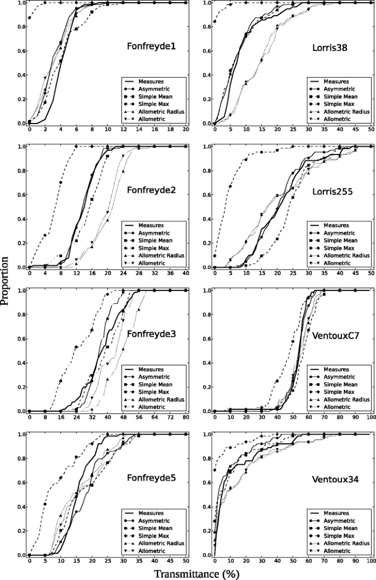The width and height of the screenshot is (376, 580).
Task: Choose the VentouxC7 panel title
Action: (x=336, y=334)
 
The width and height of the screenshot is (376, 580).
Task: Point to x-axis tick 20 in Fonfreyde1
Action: (x=186, y=129)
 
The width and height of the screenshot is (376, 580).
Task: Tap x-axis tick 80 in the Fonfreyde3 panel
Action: (x=186, y=417)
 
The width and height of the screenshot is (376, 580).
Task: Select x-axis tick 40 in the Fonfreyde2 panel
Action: (x=186, y=273)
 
